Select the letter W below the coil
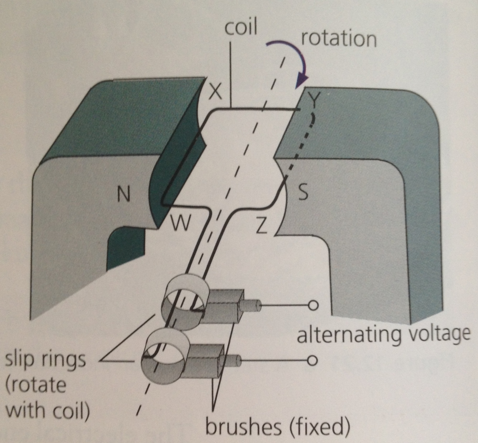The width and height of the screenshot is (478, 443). pyautogui.click(x=180, y=223)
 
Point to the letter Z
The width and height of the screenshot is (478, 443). pyautogui.click(x=262, y=226)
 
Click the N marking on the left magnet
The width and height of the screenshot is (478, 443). pyautogui.click(x=124, y=194)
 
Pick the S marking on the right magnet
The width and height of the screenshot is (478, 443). pyautogui.click(x=303, y=193)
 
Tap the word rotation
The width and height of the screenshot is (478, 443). pyautogui.click(x=339, y=38)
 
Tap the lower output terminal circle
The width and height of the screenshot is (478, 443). pyautogui.click(x=312, y=360)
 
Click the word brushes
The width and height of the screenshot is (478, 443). pyautogui.click(x=243, y=427)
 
